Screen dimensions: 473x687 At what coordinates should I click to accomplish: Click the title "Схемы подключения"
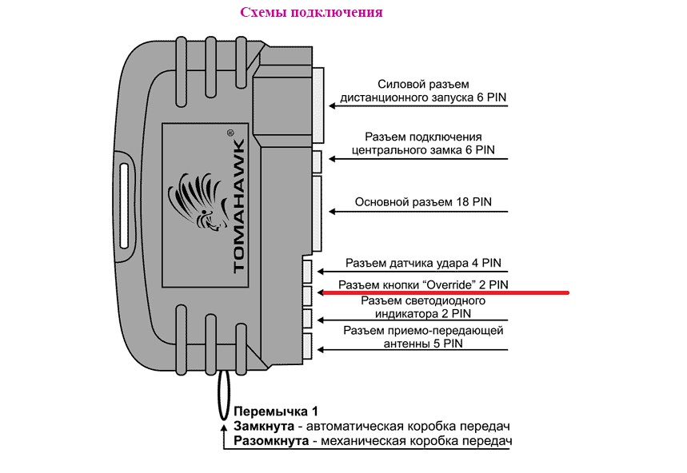[x=311, y=13]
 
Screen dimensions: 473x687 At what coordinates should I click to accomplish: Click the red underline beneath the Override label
[x=444, y=292]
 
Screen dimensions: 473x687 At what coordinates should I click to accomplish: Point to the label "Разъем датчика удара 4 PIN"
[x=426, y=263]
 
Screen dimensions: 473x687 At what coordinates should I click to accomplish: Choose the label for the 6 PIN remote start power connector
[x=423, y=91]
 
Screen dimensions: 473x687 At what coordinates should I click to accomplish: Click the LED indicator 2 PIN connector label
[x=423, y=308]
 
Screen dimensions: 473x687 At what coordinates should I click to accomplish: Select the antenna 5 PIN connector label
[x=425, y=337]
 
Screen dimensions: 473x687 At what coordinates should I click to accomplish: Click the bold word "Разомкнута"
[x=270, y=441]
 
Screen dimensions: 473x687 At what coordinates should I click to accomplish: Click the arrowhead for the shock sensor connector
[x=322, y=271]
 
